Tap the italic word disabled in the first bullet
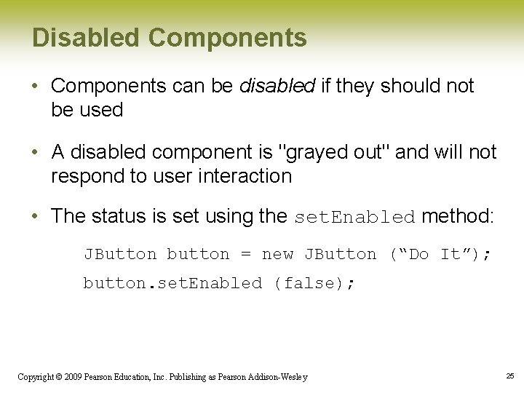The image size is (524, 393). (x=277, y=86)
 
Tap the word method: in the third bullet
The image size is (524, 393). (x=458, y=216)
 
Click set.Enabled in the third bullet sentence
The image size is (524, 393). (x=354, y=217)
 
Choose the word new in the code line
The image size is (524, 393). (x=277, y=254)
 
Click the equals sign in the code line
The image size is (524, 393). (x=245, y=255)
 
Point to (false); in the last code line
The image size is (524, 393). (x=314, y=283)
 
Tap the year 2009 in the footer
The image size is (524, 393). (x=71, y=377)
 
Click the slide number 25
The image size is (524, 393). (x=509, y=376)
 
